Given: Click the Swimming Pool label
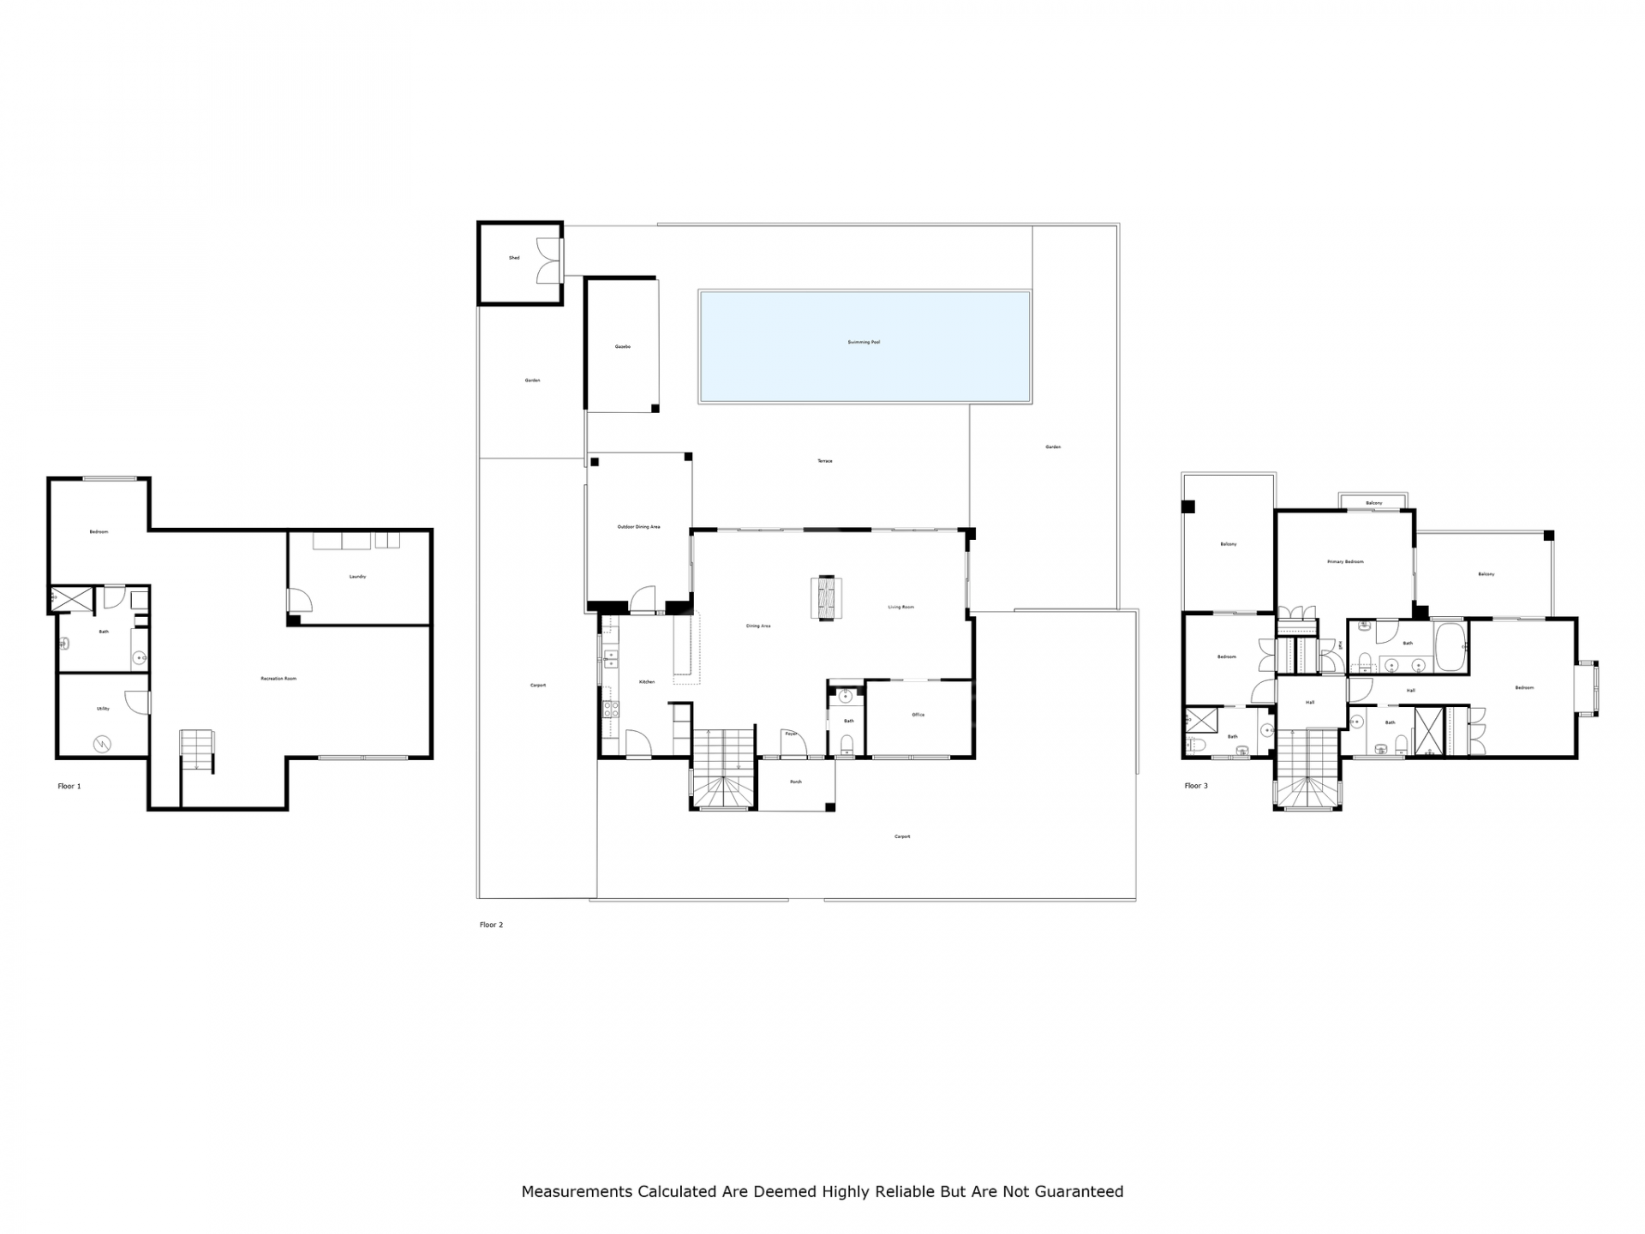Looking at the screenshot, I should (864, 342).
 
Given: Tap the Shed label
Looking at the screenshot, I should (514, 258).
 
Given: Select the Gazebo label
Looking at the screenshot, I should (623, 346).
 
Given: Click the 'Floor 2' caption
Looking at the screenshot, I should (491, 925).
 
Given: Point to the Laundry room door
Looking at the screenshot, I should (299, 599).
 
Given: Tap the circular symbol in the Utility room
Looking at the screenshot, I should (103, 743).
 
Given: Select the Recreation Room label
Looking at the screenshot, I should (278, 679).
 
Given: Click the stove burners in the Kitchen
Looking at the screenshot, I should (611, 709).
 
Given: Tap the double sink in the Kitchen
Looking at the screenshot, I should (612, 658).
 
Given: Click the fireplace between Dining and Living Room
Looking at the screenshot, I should (826, 598).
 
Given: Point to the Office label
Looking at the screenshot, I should (918, 715).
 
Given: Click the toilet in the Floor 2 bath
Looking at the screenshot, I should (847, 742).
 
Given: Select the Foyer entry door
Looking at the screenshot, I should (794, 743).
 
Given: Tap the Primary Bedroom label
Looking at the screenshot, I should (1344, 562).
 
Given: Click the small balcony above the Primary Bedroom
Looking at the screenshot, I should (1373, 502).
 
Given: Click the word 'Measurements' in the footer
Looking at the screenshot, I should (576, 1191).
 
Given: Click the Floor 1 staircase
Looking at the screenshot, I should (196, 750).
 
